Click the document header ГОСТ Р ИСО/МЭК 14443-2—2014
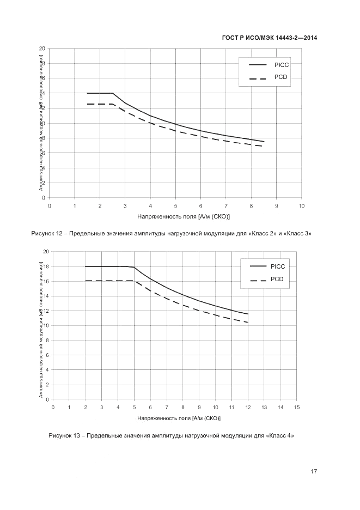[270, 38]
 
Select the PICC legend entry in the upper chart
[281, 64]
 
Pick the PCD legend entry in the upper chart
[280, 77]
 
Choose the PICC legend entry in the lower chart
[277, 266]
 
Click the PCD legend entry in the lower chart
[277, 279]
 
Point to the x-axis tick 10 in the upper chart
[302, 205]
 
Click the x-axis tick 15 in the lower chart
[297, 407]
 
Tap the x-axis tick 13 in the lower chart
[264, 407]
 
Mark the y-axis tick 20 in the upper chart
[42, 48]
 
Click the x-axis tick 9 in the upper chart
[277, 205]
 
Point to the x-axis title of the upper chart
[175, 216]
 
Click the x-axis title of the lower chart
[179, 418]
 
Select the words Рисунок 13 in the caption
[64, 435]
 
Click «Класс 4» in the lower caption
[280, 435]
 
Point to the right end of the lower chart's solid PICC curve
[248, 314]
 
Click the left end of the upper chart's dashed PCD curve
[88, 104]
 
